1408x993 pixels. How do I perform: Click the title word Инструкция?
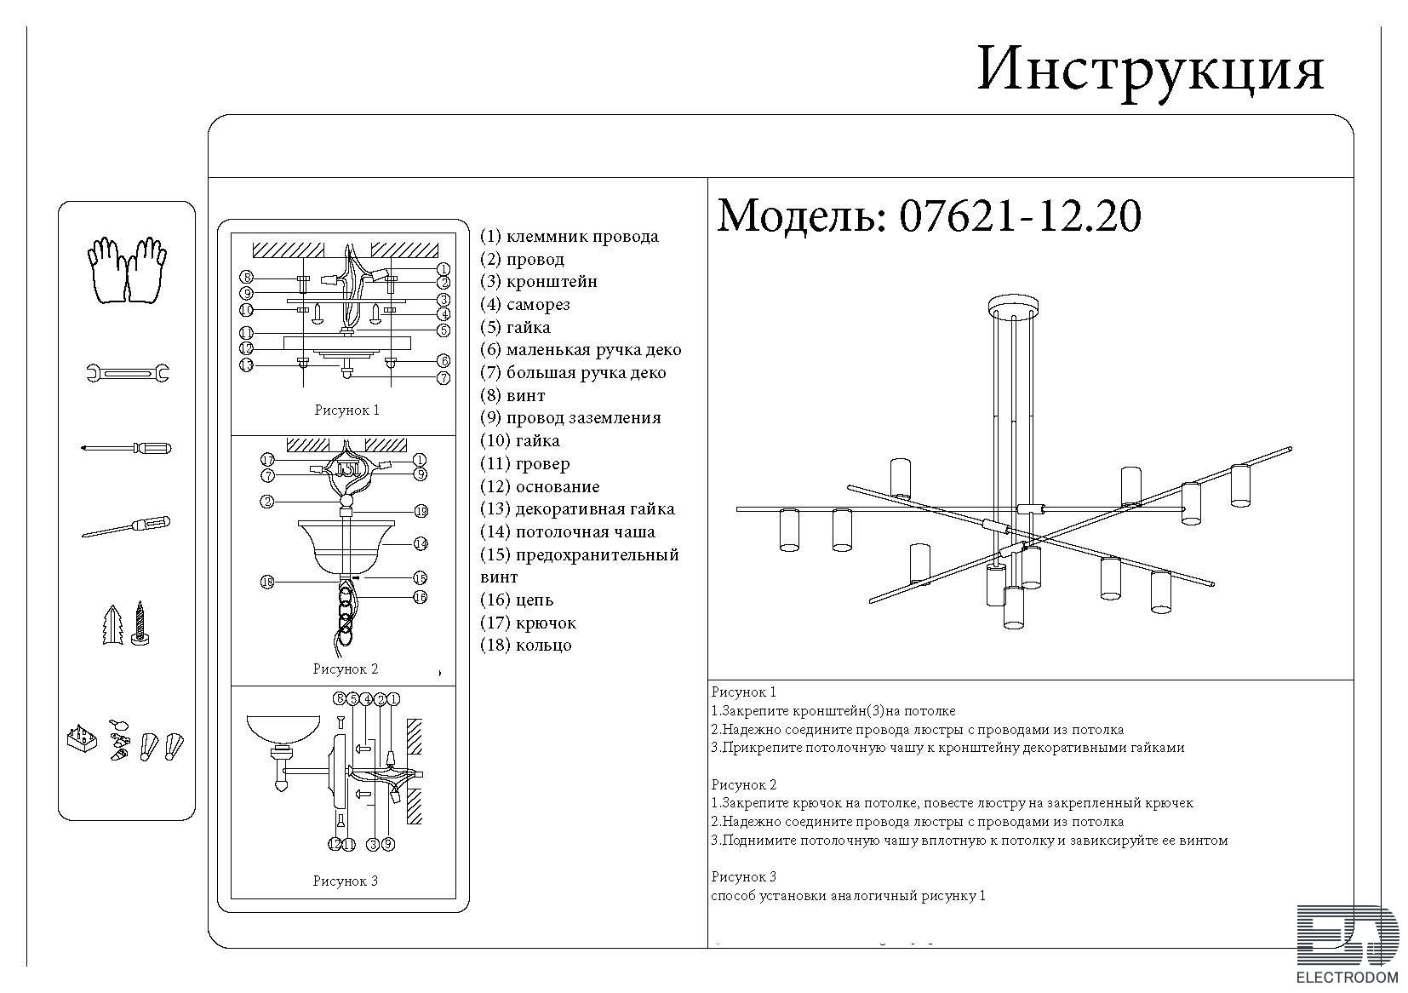tap(1150, 70)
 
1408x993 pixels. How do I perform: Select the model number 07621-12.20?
tap(1019, 216)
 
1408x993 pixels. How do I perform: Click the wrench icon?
tap(128, 372)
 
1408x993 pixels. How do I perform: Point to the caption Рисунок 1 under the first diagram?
tap(346, 410)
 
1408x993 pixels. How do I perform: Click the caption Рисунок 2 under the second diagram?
tap(345, 669)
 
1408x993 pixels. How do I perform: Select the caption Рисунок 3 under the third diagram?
tap(345, 881)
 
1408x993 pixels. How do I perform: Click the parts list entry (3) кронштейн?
tap(539, 282)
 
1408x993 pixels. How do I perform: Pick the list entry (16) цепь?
tap(517, 600)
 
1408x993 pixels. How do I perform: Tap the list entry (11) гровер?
tap(525, 464)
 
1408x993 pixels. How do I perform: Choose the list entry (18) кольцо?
tap(526, 646)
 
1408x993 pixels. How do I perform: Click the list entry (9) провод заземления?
tap(570, 418)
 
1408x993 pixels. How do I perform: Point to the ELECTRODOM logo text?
tap(1348, 977)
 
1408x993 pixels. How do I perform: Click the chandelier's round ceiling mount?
tap(1014, 306)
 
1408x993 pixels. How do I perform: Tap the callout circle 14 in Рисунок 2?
tap(421, 543)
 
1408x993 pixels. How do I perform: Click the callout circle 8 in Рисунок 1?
tap(247, 277)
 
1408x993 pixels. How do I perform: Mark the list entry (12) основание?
tap(540, 487)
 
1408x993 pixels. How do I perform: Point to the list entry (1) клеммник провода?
tap(569, 237)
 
